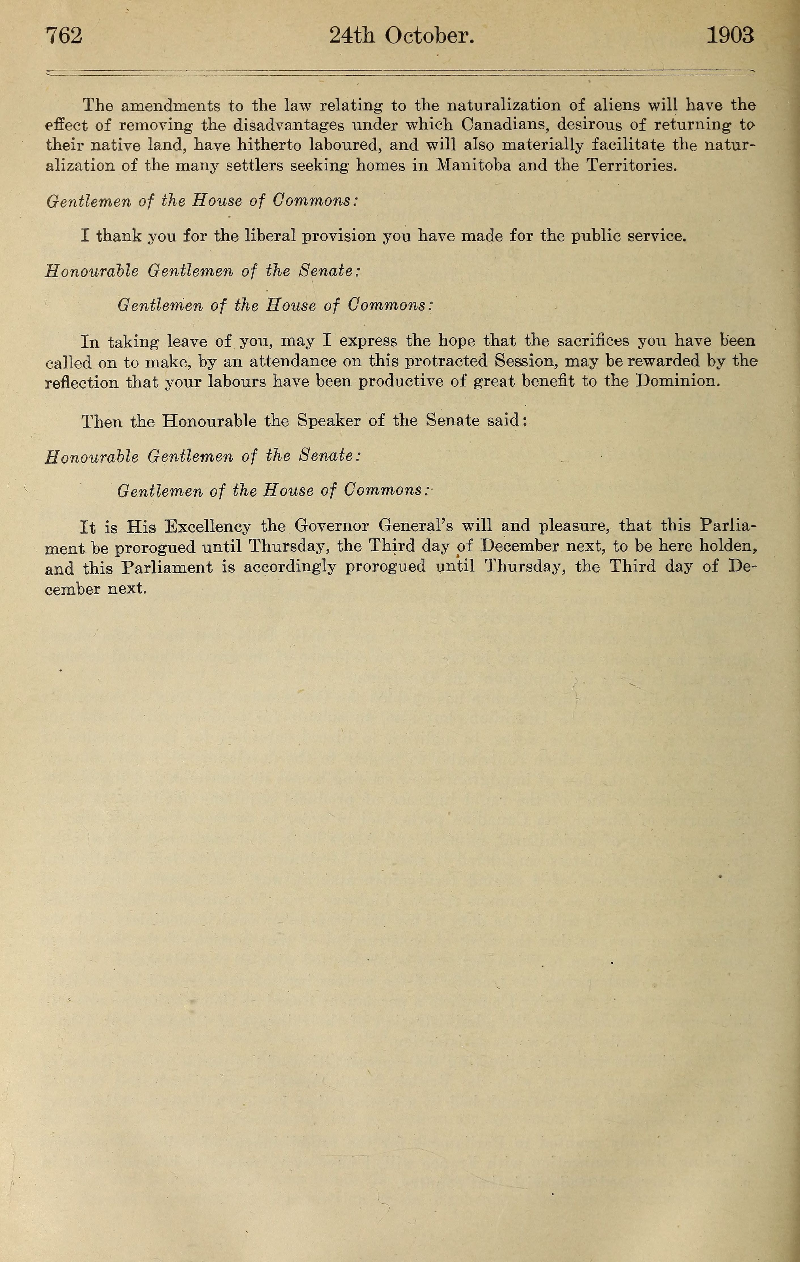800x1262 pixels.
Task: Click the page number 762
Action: [x=64, y=36]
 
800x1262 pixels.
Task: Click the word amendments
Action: [x=171, y=106]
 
